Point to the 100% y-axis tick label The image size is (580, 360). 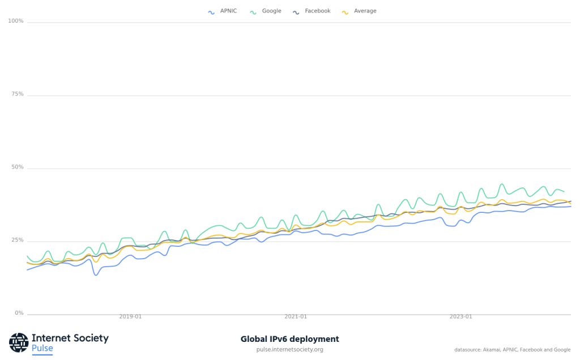tap(16, 22)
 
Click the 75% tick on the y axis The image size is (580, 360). tap(18, 95)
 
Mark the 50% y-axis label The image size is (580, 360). tap(18, 168)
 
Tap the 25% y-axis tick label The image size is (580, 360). tap(18, 241)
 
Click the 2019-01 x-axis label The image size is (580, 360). tap(130, 317)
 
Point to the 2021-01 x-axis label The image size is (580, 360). tap(296, 317)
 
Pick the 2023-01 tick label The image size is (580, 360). tap(460, 317)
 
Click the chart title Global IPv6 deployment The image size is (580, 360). tap(289, 339)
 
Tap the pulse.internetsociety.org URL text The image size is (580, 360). tap(289, 350)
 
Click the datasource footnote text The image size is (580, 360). tap(512, 350)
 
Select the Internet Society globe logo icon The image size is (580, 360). tap(19, 342)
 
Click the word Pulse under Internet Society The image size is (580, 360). tap(42, 348)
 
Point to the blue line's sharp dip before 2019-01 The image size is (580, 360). tap(96, 275)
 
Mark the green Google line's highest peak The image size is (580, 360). tap(501, 184)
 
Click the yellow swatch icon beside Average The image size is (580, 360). tap(345, 12)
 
